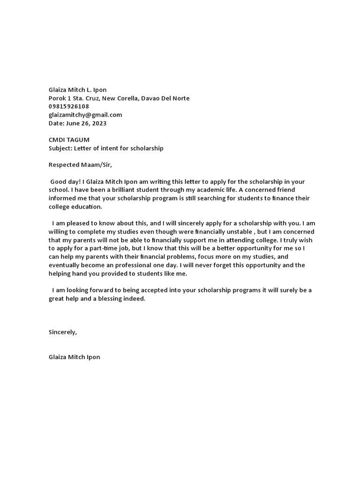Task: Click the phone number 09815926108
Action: coord(68,106)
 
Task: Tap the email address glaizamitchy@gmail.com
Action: coord(85,115)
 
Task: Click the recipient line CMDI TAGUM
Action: coord(69,140)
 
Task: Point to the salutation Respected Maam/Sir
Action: coord(81,165)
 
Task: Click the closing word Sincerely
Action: coord(62,332)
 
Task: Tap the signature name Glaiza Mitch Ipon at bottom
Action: coord(74,357)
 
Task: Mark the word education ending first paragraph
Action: coord(86,207)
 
